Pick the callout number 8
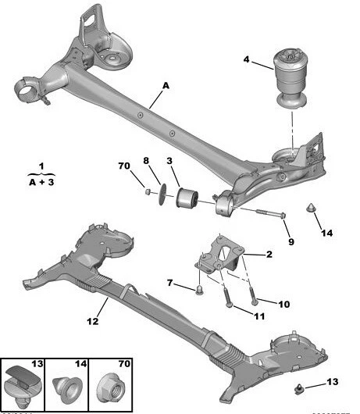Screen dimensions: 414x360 click(x=145, y=161)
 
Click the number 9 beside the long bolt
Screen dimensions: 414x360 click(x=290, y=241)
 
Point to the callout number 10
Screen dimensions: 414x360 click(x=283, y=303)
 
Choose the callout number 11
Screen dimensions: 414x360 click(x=258, y=316)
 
